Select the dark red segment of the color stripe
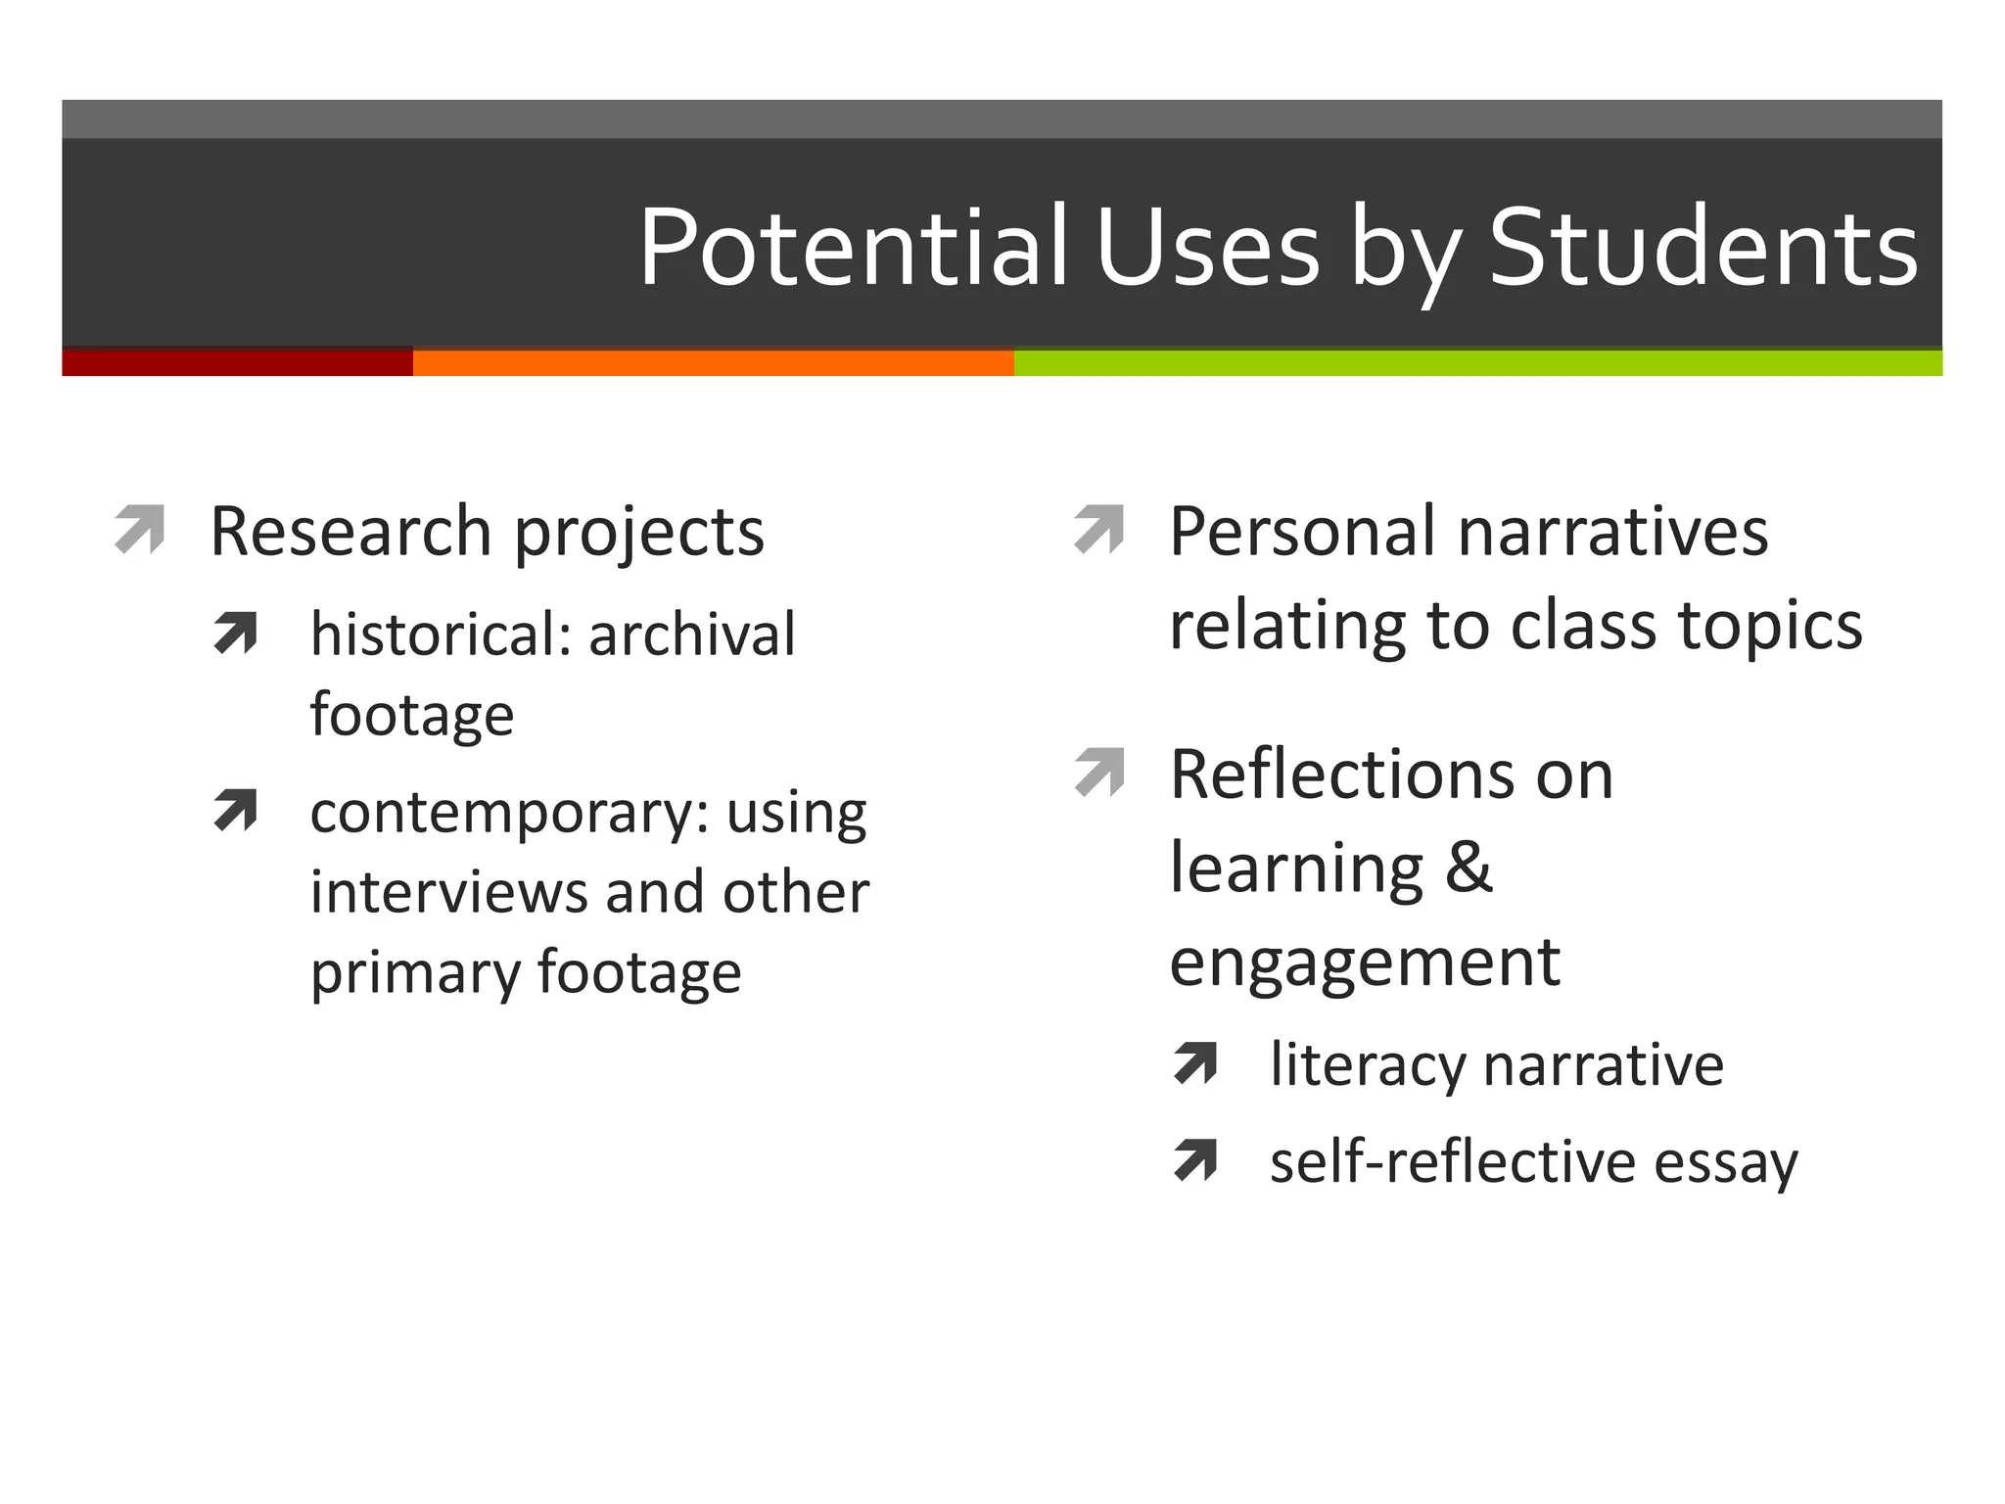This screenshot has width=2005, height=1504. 237,362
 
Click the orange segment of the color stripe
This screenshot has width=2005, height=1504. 713,362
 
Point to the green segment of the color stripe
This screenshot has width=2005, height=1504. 1477,362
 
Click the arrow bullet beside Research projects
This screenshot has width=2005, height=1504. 139,530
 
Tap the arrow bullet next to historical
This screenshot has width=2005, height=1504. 235,632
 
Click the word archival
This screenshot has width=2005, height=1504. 691,634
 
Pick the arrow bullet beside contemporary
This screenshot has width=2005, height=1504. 235,810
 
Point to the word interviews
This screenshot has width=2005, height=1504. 448,892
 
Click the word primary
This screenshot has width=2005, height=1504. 414,974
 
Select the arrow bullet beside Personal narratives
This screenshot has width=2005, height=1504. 1098,530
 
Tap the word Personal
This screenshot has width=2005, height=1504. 1303,532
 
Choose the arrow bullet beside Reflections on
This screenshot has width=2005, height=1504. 1098,773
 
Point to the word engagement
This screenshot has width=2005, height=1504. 1365,963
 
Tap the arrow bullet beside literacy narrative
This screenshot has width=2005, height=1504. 1195,1063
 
